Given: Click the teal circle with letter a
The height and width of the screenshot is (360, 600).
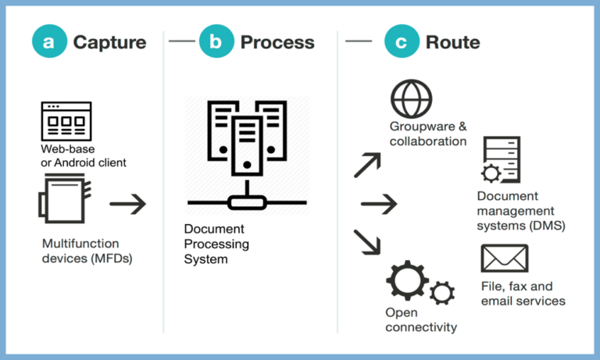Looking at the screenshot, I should coord(49,41).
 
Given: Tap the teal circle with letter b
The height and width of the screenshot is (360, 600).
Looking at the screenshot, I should coord(216,41).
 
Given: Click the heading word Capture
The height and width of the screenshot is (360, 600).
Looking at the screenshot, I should coord(109,42).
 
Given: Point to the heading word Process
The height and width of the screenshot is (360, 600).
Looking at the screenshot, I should coord(277,42).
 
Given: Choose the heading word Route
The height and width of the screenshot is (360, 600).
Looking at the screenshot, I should coord(452,42).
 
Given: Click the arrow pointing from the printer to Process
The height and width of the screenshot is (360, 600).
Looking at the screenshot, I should coord(128,205).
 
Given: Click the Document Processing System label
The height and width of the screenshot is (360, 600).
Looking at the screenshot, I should coord(216,244).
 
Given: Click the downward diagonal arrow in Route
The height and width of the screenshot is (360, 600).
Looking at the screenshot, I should coord(367,241).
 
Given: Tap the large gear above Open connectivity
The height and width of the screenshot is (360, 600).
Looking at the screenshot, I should coord(407,281).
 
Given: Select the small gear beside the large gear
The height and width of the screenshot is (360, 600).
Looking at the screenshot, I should coord(442,293).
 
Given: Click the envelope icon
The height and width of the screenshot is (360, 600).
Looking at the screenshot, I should coord(504,258).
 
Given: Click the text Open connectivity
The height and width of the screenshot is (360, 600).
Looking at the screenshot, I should coord(420,319).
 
